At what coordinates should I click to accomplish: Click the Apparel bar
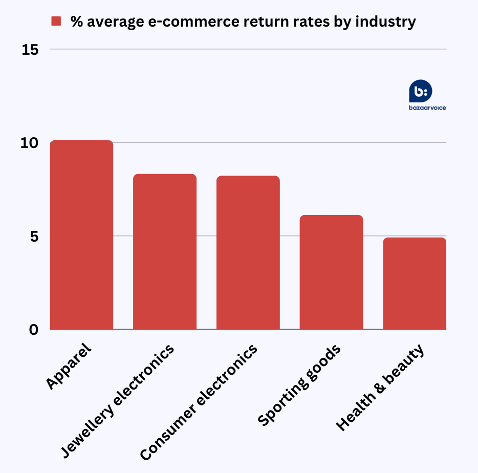(81, 235)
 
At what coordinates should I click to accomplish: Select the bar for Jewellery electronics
(165, 252)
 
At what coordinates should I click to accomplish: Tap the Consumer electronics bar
(248, 253)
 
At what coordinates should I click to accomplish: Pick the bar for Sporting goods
(331, 272)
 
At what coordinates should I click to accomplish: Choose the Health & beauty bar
(415, 284)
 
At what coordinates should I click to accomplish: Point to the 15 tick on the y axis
(30, 50)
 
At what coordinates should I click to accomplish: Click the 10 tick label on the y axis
(30, 143)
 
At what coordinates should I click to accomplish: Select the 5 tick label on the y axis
(33, 236)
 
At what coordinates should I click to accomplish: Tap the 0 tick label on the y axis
(33, 330)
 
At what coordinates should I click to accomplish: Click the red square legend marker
(56, 21)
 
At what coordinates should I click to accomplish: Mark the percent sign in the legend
(77, 21)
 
